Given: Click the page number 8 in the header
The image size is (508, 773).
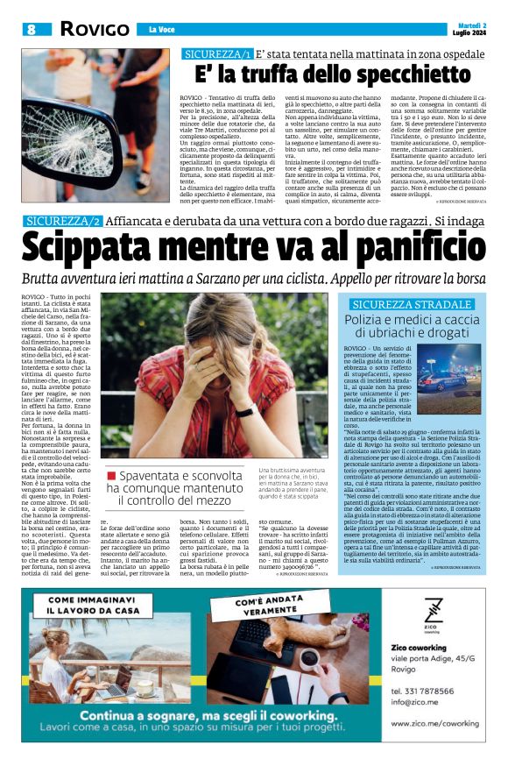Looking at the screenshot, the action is (32, 29).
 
